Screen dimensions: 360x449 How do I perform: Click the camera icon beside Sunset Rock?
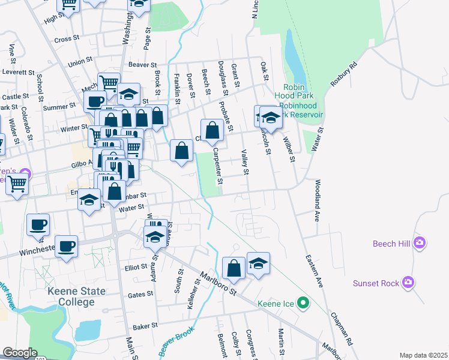coord(409,281)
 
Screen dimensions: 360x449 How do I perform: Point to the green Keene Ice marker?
coord(304,304)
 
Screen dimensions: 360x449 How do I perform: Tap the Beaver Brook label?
coord(177,343)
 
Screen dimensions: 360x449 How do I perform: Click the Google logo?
coord(20,353)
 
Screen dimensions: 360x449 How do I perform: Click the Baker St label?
coord(145,326)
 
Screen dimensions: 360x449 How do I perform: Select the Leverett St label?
coord(19,71)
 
